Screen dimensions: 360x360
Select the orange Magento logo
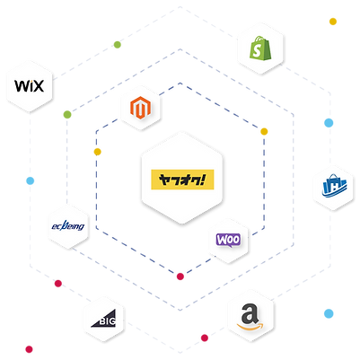click(x=140, y=111)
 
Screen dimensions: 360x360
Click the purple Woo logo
click(x=227, y=240)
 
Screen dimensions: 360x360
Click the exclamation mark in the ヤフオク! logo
click(x=205, y=178)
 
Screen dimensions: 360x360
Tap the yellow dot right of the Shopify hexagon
click(x=333, y=21)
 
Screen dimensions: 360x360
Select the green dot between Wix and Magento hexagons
click(x=66, y=114)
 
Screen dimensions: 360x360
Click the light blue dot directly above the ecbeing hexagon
click(x=30, y=180)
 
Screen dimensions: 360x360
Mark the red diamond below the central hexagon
click(x=180, y=275)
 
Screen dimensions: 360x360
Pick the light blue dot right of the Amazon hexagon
click(x=329, y=313)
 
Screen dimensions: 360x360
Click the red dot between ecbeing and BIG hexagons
click(x=58, y=285)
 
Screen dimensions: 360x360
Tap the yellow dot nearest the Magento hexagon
click(x=98, y=151)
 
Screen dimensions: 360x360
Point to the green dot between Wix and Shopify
click(x=116, y=44)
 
